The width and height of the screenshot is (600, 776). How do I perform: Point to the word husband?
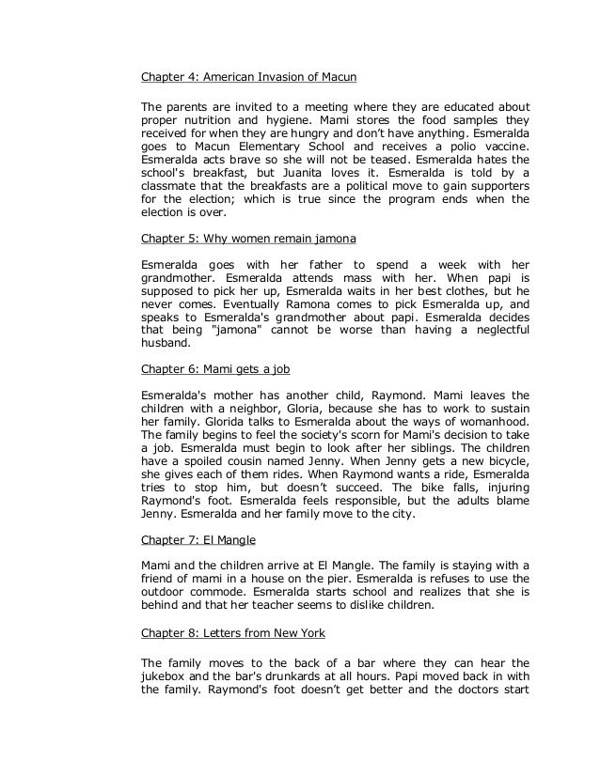tap(166, 345)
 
